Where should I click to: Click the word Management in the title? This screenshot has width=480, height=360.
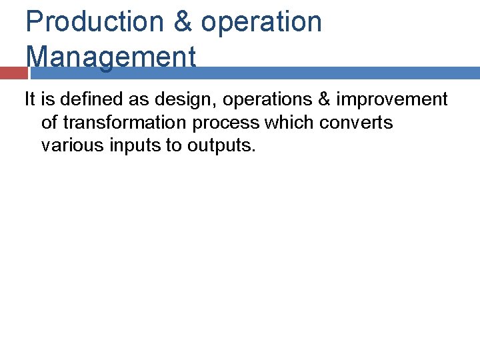point(111,57)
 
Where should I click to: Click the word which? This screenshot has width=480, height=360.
point(287,123)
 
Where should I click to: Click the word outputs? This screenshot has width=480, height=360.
point(221,146)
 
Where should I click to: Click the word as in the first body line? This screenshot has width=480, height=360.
point(141,101)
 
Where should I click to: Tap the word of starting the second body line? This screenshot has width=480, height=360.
point(49,123)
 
